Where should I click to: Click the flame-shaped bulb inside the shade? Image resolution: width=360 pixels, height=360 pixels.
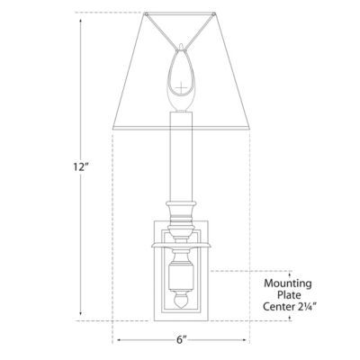pos(183,76)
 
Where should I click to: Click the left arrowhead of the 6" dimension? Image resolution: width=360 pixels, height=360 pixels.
pos(115,340)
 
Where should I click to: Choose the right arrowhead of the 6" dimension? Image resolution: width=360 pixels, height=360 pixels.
pos(250,340)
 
